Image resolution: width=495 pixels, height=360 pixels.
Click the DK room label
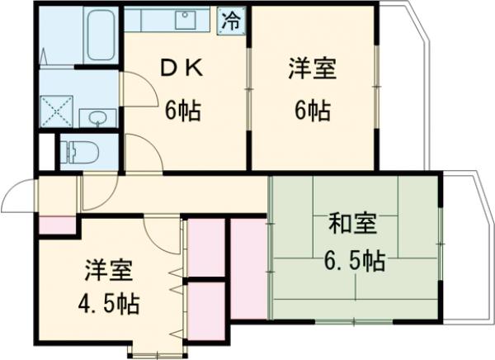point(181,71)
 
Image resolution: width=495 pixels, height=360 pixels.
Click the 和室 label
point(353,224)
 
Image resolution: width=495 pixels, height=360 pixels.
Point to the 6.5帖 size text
point(353,262)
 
